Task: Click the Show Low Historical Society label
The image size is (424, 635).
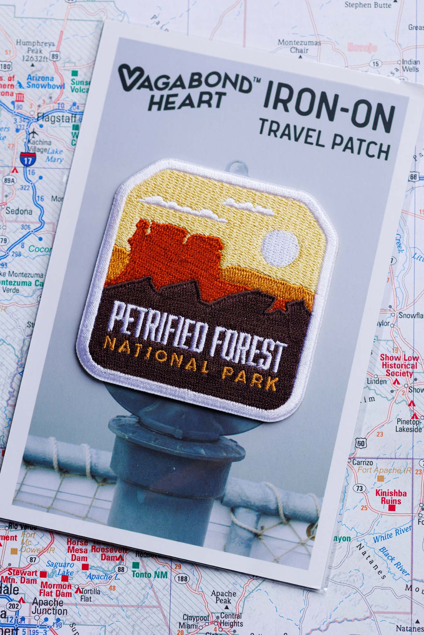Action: click(399, 365)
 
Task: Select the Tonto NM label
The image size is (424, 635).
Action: click(149, 574)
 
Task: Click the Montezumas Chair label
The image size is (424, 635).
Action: click(299, 46)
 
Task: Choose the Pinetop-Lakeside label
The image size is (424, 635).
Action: click(408, 426)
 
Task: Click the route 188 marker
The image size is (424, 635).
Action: click(182, 578)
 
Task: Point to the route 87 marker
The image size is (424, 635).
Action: click(33, 559)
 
